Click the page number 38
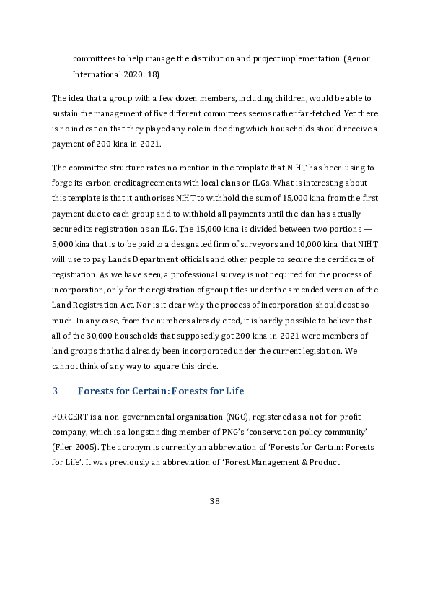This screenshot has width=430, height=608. click(x=214, y=501)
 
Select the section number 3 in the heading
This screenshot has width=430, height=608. click(x=55, y=392)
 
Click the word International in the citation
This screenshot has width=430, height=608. click(x=97, y=74)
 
